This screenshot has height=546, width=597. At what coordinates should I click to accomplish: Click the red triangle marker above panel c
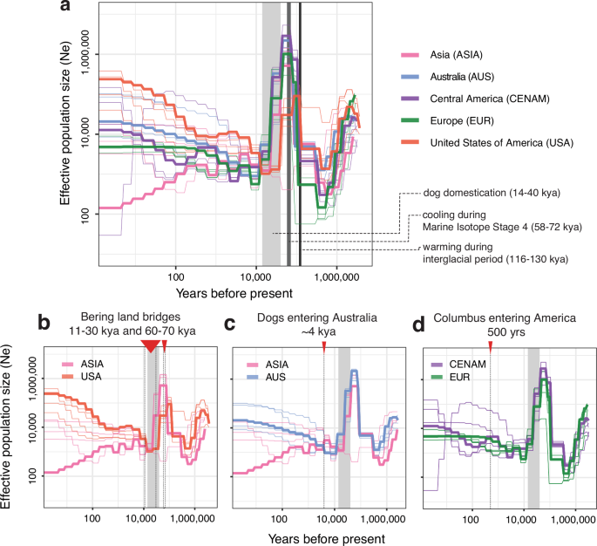pos(323,347)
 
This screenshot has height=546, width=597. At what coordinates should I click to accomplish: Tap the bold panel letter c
pos(230,324)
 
